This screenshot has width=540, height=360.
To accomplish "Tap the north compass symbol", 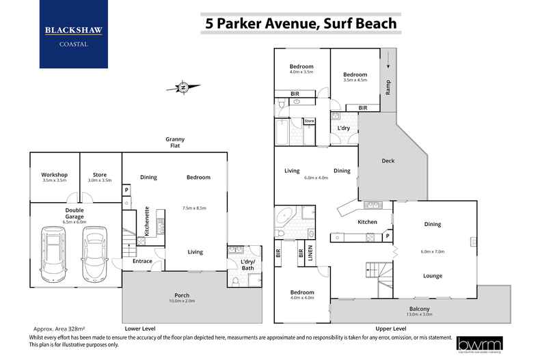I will click(183, 87).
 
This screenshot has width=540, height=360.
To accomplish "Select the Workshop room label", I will click(55, 175).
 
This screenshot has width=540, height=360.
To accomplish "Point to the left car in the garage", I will click(54, 253).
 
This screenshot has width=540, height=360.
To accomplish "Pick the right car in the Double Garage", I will click(94, 253).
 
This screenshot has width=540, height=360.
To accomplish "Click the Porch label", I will click(182, 296).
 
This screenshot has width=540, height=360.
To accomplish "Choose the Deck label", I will click(388, 161).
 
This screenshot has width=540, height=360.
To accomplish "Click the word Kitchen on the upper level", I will click(368, 222).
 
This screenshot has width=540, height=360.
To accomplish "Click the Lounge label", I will click(432, 276).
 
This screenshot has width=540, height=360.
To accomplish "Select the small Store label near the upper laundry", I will click(309, 122).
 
